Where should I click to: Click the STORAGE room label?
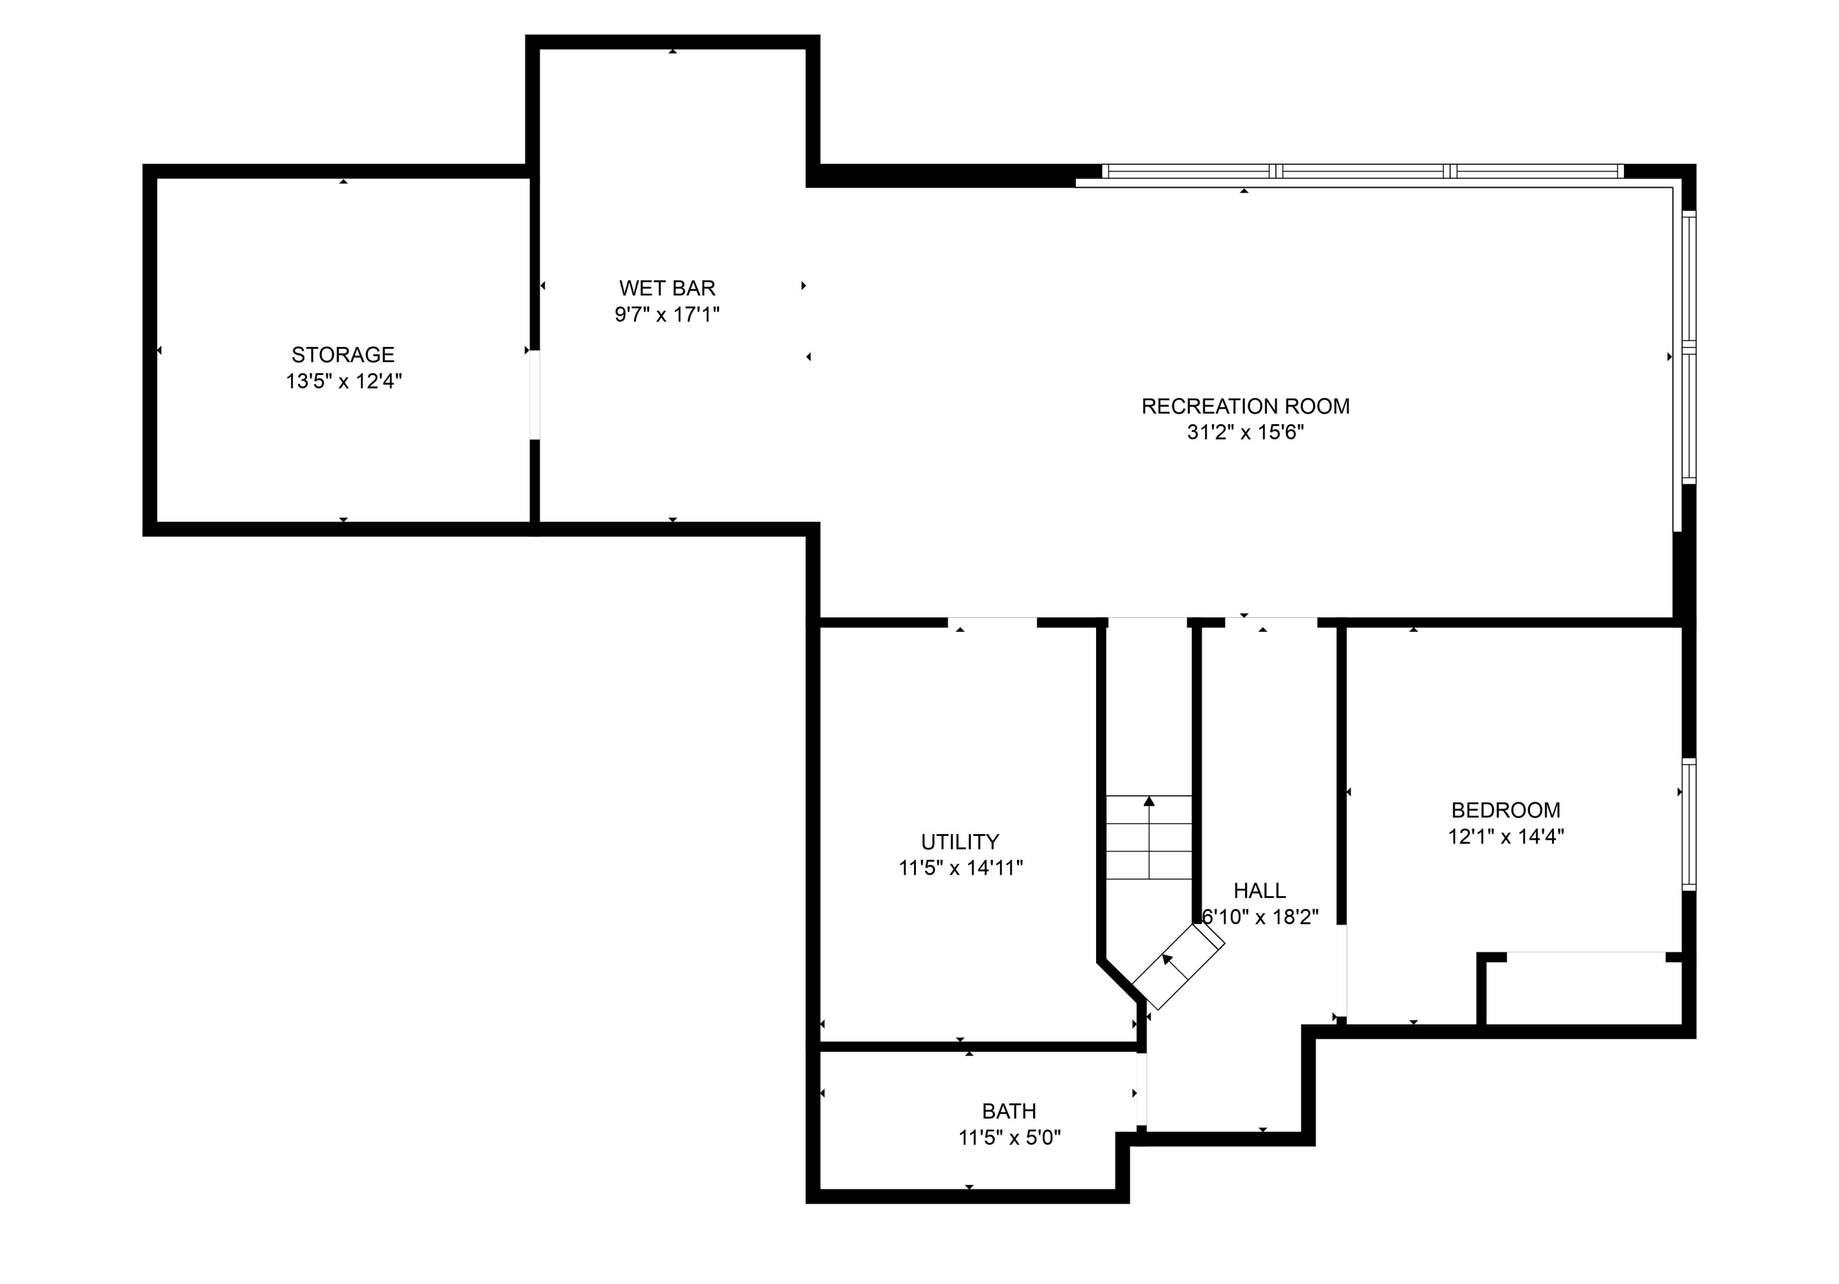(343, 354)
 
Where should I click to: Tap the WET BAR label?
(666, 287)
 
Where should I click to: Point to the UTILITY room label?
(959, 842)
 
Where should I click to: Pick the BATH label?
(1008, 1111)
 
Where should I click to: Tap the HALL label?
(1259, 891)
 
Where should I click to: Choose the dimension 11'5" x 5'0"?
(1008, 1138)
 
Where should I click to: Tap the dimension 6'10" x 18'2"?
(1260, 917)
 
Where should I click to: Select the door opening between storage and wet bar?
(535, 394)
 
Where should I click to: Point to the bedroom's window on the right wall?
(1688, 824)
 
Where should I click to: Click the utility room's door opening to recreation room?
(992, 622)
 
